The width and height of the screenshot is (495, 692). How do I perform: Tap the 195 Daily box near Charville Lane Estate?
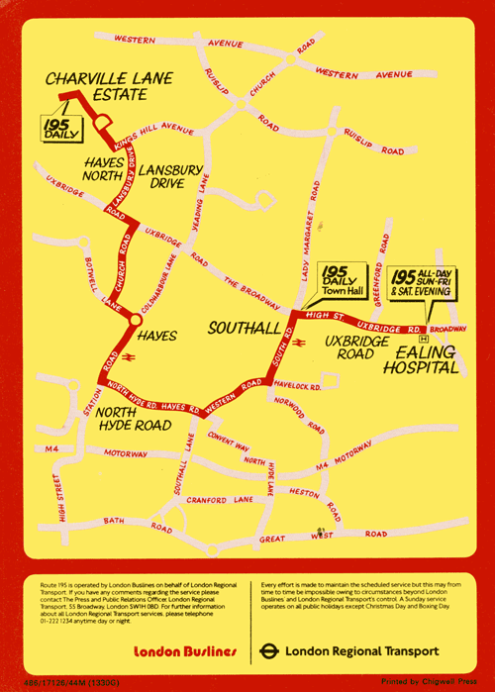click(63, 129)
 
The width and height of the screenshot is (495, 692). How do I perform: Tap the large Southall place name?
click(237, 328)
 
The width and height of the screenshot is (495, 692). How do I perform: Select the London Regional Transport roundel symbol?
click(268, 651)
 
